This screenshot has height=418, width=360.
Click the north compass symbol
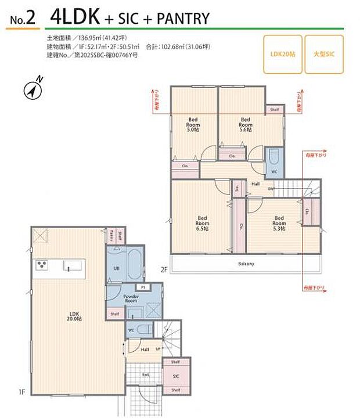click(x=33, y=89)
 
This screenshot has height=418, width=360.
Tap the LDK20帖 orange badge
click(x=283, y=55)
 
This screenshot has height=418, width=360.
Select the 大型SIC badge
click(x=324, y=55)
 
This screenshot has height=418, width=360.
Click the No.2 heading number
click(x=23, y=19)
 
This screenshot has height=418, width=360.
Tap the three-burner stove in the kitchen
click(x=42, y=266)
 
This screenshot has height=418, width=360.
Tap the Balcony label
click(x=246, y=264)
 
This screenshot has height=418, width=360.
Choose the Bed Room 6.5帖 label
click(x=201, y=223)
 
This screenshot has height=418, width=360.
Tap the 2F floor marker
click(x=164, y=269)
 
